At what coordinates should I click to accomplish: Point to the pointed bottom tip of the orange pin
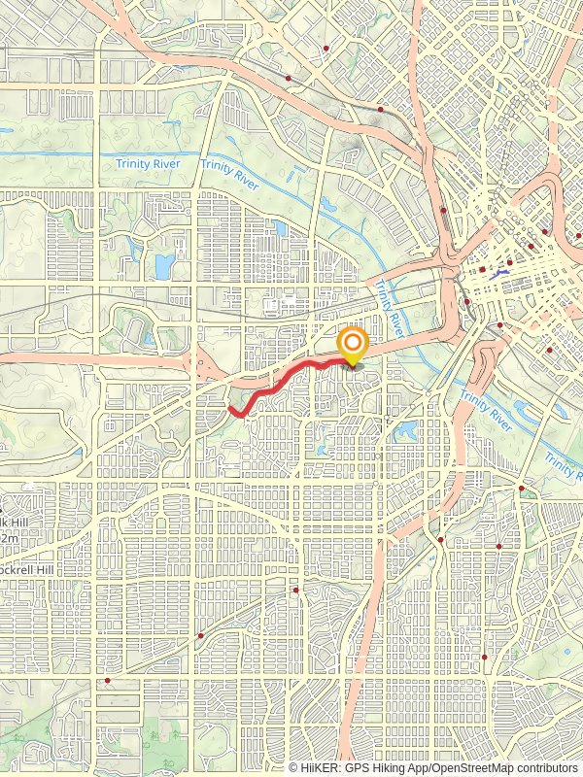point(352,366)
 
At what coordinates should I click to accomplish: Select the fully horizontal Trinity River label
point(147,164)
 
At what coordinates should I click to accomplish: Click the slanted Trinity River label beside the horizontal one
point(230,173)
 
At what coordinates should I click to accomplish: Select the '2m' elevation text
point(9,537)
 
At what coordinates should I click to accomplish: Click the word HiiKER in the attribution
point(324,767)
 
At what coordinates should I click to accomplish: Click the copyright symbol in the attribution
point(294,767)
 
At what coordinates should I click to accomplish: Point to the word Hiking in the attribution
point(399,767)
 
